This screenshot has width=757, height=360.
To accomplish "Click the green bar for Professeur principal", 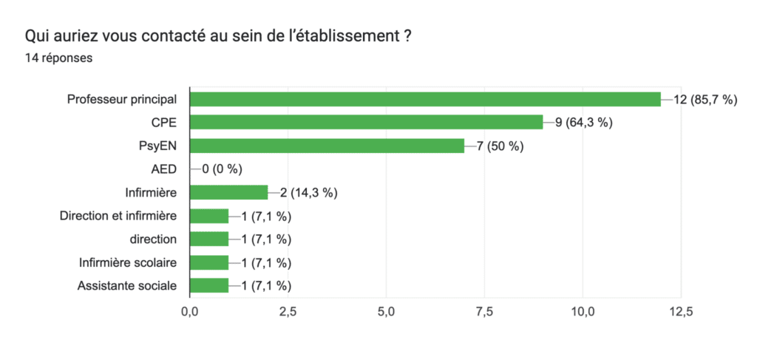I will [425, 99].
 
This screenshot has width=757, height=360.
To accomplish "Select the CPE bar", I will [367, 123].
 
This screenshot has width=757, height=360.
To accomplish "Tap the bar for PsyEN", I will [327, 146].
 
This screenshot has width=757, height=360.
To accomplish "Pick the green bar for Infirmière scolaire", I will [209, 262].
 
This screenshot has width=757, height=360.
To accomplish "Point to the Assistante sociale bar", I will [209, 286].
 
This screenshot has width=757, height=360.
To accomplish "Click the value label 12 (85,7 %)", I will [705, 99].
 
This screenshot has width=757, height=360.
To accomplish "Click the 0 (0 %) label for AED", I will [222, 169].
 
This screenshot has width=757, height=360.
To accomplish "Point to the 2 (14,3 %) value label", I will [308, 193].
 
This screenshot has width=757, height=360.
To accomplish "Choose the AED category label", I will [163, 169].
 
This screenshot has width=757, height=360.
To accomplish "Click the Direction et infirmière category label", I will [118, 216].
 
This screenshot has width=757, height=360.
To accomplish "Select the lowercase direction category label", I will [153, 239].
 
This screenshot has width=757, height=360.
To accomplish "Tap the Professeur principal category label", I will [122, 99].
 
